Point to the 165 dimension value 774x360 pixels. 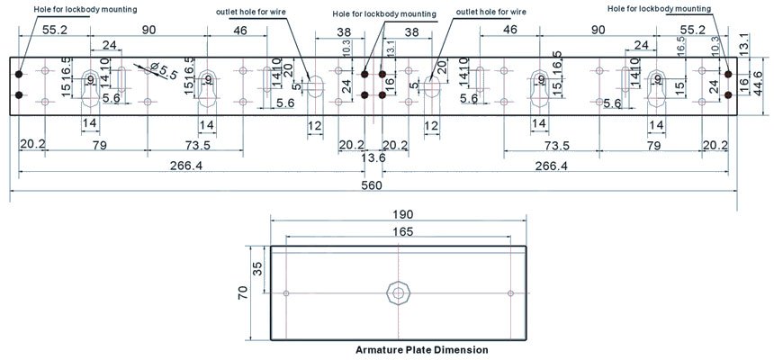(x=401, y=232)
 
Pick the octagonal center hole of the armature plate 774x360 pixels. (x=397, y=292)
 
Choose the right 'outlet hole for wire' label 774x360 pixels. (x=493, y=12)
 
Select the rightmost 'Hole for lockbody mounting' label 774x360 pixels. (x=660, y=8)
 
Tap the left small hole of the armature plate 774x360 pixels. (x=286, y=293)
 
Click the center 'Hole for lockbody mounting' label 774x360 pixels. (x=384, y=14)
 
